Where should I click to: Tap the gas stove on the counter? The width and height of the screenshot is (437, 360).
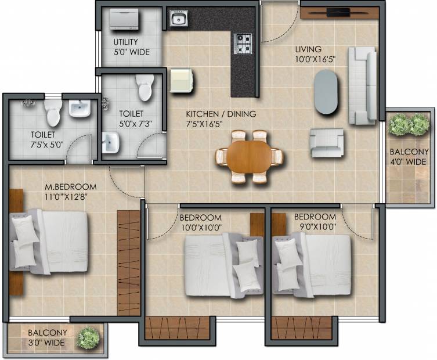tap(244, 44)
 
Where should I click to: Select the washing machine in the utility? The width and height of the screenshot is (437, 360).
tap(124, 19)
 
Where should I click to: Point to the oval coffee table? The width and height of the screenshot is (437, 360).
tap(326, 92)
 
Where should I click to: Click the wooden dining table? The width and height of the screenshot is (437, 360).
tap(249, 157)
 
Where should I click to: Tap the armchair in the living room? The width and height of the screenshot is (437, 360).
tap(326, 142)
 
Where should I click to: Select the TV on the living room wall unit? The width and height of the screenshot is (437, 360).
tap(338, 13)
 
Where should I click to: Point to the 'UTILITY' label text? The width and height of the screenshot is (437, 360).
tap(125, 42)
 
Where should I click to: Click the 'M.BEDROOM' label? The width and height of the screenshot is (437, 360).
tap(71, 186)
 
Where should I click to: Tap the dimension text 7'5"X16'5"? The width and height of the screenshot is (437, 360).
tap(204, 124)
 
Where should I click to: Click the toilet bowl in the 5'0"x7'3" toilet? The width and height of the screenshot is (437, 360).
tap(145, 87)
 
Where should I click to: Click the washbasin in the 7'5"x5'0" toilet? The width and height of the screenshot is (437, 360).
tap(80, 108)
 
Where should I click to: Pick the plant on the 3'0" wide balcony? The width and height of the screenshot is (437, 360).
tap(88, 338)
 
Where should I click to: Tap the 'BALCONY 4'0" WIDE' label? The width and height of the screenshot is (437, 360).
tap(409, 157)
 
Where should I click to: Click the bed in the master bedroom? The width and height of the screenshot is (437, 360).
tap(49, 241)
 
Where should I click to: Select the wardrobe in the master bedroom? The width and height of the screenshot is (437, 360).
tap(128, 263)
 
